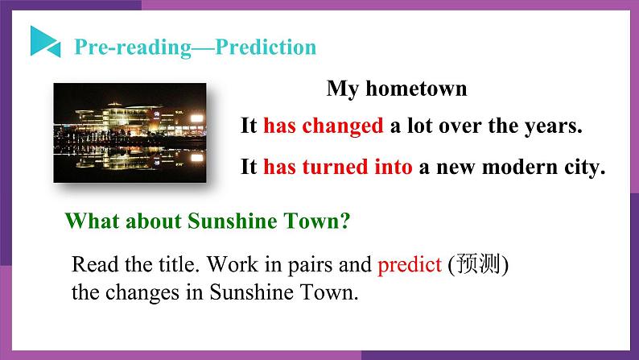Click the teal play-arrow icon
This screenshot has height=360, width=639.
pos(44,41)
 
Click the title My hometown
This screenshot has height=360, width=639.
pos(396,89)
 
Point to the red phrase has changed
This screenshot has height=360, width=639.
pos(323,126)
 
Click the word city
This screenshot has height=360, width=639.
pos(583,168)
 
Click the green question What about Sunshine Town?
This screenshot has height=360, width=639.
pos(207,221)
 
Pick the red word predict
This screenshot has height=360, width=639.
pos(409,264)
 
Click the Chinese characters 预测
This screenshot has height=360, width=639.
pos(480,264)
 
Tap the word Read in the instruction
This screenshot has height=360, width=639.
pos(91,264)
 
